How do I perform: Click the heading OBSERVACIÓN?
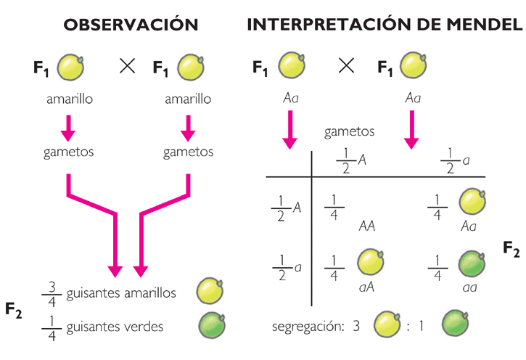(x=131, y=25)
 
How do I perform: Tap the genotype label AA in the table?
(x=366, y=226)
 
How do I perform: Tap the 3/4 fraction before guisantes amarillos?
(x=52, y=293)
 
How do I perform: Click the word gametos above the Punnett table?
(x=349, y=132)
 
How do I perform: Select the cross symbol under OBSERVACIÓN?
(x=128, y=67)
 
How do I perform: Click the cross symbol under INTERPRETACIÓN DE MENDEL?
(x=348, y=67)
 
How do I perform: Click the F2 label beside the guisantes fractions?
(x=14, y=311)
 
